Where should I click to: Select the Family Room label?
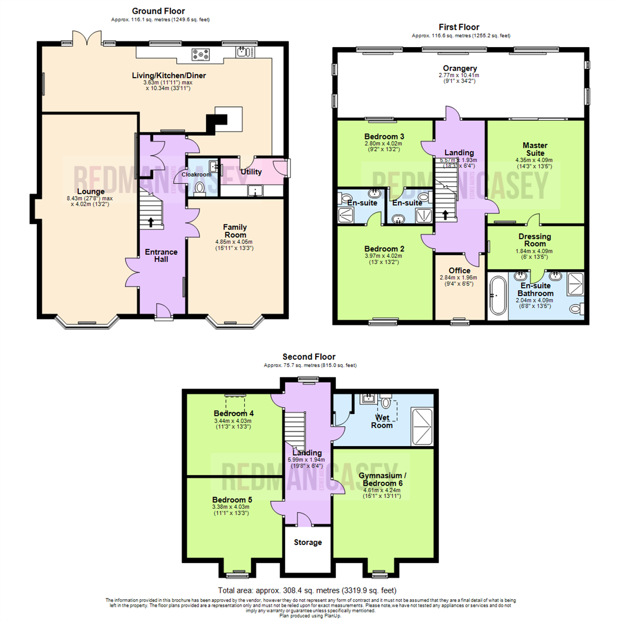click(235, 231)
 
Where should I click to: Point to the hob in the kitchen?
click(202, 55)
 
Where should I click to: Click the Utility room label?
click(251, 172)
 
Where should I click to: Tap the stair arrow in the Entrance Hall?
click(151, 222)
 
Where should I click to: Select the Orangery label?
click(460, 68)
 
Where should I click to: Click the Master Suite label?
click(535, 150)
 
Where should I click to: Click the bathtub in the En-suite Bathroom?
click(495, 295)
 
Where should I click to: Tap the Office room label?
click(459, 270)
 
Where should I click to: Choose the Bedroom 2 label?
click(384, 249)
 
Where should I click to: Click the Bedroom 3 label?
click(384, 136)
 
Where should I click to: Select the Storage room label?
click(308, 542)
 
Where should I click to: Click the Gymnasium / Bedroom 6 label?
click(381, 480)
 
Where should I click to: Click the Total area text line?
click(307, 591)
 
